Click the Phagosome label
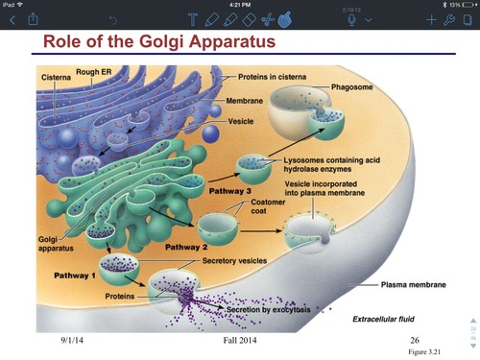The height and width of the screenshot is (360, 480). tap(352, 87)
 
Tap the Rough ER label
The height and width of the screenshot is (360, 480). tap(94, 72)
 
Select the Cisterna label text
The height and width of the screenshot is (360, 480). tap(56, 77)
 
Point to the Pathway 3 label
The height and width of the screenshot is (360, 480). tap(230, 191)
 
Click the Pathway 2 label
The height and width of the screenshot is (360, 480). tap(186, 247)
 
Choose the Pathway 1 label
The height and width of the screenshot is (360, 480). tap(75, 275)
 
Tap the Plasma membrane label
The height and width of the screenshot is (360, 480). tap(413, 285)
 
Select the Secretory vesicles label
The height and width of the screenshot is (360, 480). tap(235, 261)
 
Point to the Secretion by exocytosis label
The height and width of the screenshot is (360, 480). tap(268, 310)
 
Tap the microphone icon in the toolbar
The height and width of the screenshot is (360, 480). tap(352, 20)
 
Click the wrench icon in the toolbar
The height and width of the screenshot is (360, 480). tap(449, 20)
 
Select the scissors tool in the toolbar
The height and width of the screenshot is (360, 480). tap(268, 20)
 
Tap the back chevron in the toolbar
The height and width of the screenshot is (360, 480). tap(12, 20)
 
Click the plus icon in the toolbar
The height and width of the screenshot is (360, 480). tap(431, 20)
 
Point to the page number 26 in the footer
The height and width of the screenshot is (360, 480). tap(415, 340)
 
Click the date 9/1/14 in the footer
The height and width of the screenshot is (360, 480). tap(72, 340)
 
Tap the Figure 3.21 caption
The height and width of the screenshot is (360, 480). tap(424, 352)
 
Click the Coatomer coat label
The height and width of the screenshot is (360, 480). tap(268, 207)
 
